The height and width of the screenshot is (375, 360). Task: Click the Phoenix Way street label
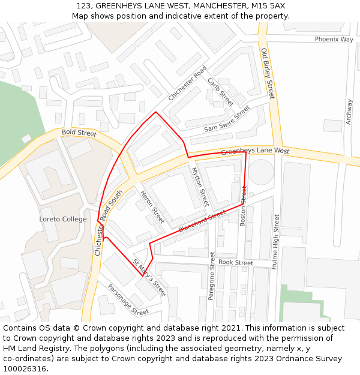334,39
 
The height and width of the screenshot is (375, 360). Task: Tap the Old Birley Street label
268,73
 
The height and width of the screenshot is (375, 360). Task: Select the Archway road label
349,112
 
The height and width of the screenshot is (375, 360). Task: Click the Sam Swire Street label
226,119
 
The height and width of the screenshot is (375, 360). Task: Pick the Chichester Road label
187,83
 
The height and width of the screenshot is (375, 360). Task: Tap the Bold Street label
79,133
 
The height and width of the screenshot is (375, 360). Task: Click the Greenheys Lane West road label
255,152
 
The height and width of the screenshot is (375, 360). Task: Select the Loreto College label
63,219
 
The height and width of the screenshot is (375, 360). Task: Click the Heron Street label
152,206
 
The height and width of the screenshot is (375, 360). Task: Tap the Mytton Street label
200,187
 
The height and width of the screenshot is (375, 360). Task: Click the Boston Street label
243,206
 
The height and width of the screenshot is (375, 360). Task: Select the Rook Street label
236,263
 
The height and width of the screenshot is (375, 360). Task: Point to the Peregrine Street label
211,276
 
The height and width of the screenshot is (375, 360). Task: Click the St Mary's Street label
149,278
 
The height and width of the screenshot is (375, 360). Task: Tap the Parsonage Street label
128,299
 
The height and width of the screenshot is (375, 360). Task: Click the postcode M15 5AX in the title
264,6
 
